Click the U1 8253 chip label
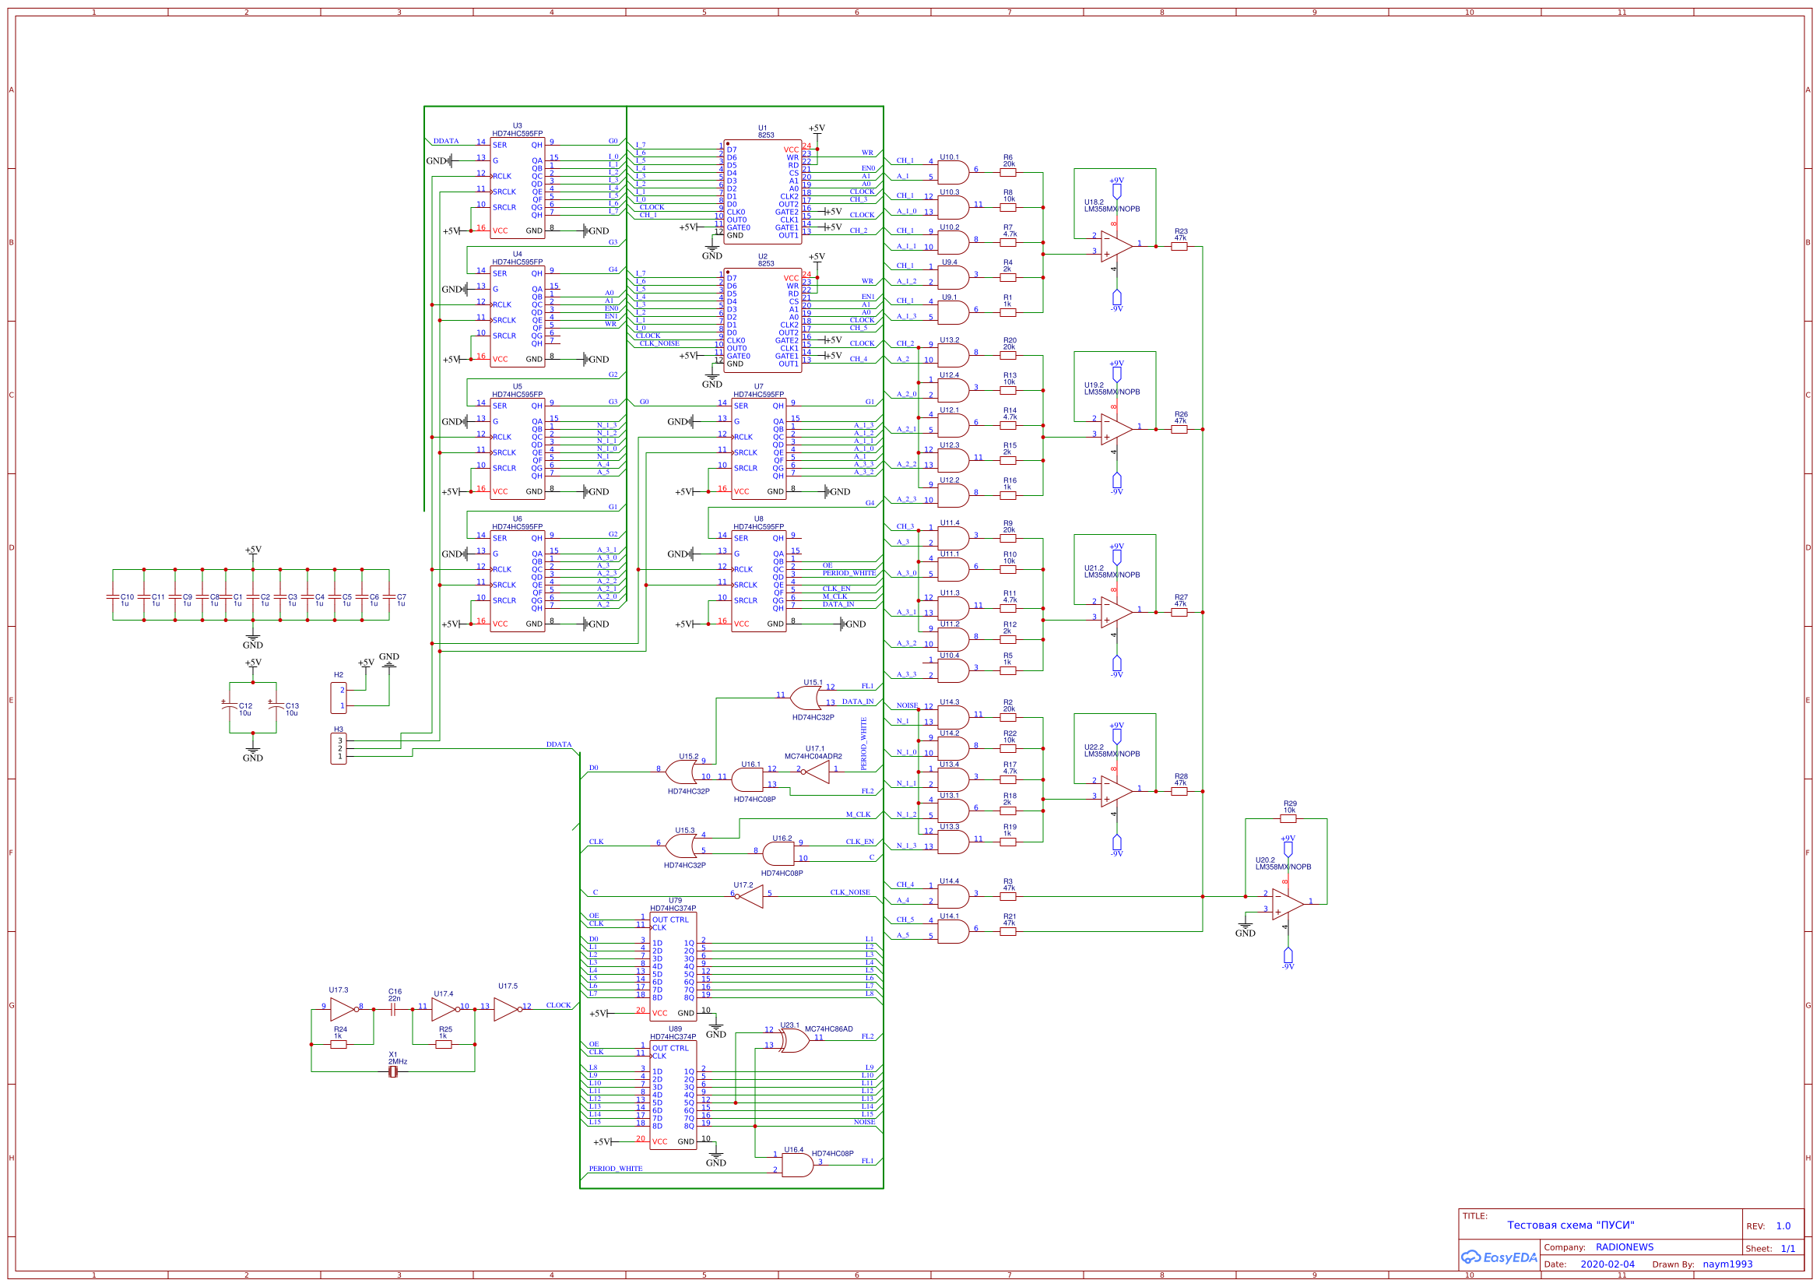pos(764,131)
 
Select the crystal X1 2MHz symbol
pos(393,1072)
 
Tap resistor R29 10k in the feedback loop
pos(1288,819)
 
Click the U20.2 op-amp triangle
pos(1287,904)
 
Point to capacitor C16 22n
pos(394,1010)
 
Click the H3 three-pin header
pos(339,748)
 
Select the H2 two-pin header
pos(339,698)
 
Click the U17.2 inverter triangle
pos(750,896)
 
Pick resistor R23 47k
pos(1179,247)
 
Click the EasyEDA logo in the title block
pos(1499,1257)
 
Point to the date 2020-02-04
pos(1607,1264)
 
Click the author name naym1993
pos(1727,1264)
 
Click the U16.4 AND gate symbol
pos(796,1165)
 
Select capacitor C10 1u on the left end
pos(113,596)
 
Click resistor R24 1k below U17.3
pos(339,1044)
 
